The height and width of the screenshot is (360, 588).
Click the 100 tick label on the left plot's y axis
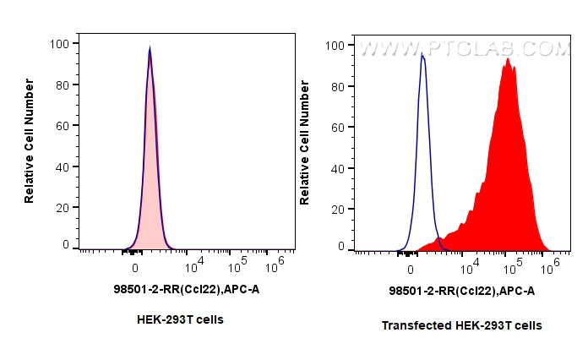59,43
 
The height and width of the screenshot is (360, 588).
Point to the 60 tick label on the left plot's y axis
63,124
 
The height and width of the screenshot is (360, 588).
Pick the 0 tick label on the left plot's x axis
135,267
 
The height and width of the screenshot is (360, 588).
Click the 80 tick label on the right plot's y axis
338,86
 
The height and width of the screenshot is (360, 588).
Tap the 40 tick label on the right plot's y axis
338,167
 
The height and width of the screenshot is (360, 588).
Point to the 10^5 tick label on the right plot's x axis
509,267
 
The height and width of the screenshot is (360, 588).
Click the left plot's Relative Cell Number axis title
30,141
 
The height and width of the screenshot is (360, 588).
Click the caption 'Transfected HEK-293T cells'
461,325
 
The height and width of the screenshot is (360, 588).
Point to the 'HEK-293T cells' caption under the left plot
180,319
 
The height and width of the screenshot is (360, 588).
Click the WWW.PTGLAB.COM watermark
465,49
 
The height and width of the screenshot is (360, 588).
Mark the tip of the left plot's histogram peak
150,47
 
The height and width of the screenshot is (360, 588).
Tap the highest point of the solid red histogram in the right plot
508,58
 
